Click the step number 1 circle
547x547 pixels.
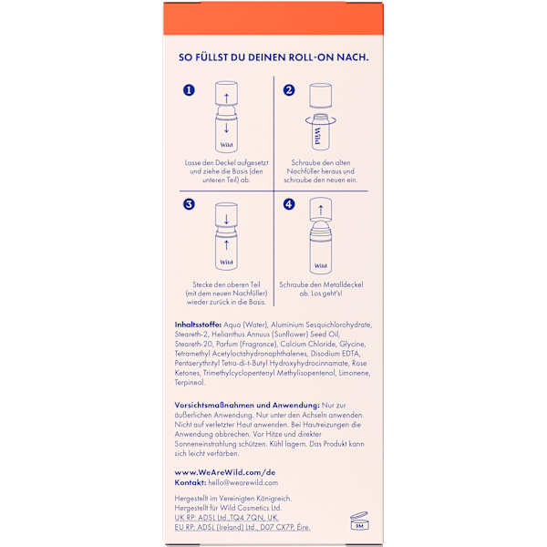pos(189,90)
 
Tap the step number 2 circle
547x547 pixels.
pos(289,90)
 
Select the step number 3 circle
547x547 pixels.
pos(189,204)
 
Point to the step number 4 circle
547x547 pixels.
pos(289,204)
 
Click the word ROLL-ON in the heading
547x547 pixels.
pos(311,57)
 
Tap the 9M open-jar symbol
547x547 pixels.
pos(359,521)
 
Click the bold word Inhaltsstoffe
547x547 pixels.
pos(198,325)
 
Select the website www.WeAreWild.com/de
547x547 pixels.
pos(225,472)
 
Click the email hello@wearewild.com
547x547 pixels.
pos(243,482)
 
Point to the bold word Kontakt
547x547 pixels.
pos(191,482)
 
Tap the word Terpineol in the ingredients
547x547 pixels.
pos(191,382)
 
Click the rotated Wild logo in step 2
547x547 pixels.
pos(317,136)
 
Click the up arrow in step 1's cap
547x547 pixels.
pos(226,98)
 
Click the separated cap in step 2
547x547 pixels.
pos(321,96)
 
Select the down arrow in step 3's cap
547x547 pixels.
pos(226,219)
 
